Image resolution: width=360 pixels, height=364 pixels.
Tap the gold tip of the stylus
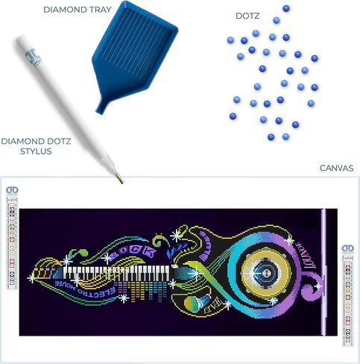click(117, 177)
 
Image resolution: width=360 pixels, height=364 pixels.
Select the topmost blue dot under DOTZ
click(285, 8)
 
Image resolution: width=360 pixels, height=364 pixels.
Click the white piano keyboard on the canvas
click(119, 271)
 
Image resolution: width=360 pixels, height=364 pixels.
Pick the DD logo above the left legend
click(11, 191)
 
